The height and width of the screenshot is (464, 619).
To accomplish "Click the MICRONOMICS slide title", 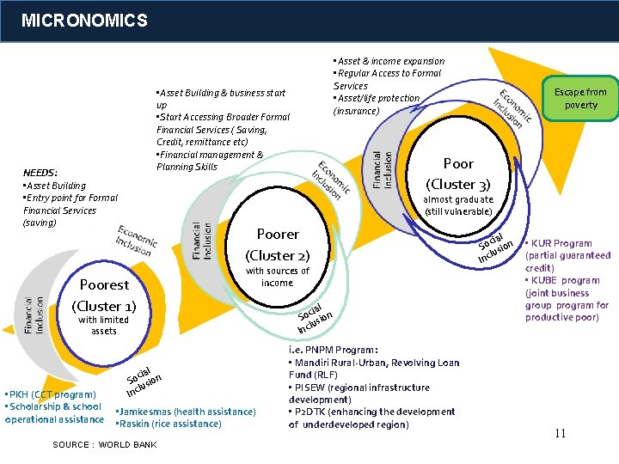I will (84, 20).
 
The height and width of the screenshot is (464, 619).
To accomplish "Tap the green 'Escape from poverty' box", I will (580, 98).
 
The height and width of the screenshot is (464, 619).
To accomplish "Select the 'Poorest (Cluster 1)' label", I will (104, 295).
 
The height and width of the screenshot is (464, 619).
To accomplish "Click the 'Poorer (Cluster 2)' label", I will (278, 244).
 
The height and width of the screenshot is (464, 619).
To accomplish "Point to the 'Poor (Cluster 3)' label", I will (458, 174).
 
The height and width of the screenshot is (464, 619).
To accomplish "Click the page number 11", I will (560, 433).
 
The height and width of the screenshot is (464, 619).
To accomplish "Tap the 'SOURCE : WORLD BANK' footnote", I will (105, 444).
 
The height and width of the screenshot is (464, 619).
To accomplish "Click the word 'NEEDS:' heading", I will (40, 173).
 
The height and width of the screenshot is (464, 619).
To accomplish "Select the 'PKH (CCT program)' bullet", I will (52, 394).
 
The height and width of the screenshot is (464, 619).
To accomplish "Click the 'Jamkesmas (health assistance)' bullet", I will (186, 412).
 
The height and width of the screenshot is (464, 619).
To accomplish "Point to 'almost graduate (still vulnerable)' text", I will (458, 205).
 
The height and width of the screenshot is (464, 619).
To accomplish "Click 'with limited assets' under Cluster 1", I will (103, 325).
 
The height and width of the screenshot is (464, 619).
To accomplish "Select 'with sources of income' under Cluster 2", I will (278, 277).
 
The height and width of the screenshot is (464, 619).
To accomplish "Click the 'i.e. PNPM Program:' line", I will (334, 350).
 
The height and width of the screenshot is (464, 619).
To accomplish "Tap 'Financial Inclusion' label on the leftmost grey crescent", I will (34, 315).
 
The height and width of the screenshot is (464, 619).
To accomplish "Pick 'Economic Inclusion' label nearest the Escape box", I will (513, 107).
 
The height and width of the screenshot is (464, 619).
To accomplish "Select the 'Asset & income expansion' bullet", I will (389, 61).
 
